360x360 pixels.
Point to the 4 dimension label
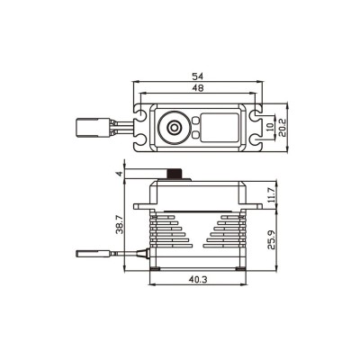point(118,174)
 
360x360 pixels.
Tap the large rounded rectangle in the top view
point(219,129)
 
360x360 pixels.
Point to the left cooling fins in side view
point(164,234)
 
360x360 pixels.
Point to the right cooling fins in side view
point(229,234)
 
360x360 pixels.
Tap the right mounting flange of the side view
point(256,206)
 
